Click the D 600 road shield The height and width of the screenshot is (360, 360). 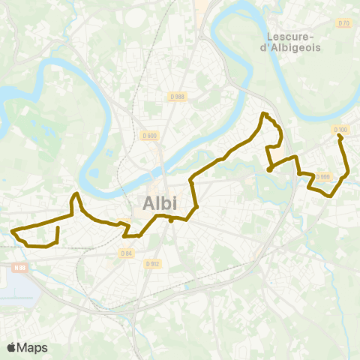coord(148,136)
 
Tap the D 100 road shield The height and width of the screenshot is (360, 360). coord(340,130)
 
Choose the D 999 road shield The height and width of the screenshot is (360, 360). coord(323,177)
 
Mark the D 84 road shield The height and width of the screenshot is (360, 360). coord(126,253)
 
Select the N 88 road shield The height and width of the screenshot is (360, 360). coord(19,266)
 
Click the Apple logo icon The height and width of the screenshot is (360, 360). coord(11,347)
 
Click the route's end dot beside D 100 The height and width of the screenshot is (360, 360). coord(340,136)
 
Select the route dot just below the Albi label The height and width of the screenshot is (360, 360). coord(171,220)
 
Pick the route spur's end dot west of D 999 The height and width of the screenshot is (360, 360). coord(268,170)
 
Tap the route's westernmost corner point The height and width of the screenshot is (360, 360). coord(13,229)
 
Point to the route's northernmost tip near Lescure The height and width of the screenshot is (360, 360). coord(262,114)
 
